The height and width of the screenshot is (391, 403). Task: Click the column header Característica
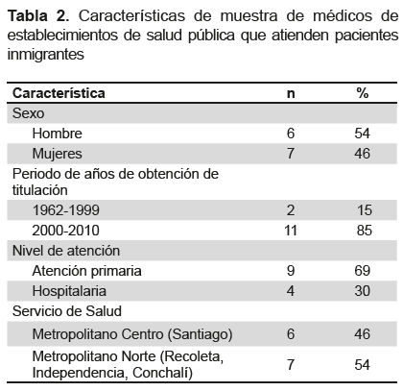coord(59,93)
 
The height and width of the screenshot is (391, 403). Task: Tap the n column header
coord(291,94)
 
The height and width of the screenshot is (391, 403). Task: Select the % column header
coord(363,93)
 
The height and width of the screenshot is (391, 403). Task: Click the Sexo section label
coord(28,113)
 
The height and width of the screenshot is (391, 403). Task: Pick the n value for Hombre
coord(291,134)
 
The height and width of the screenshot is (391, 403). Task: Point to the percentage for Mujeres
coord(362,154)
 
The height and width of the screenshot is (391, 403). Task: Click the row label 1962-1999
coord(66,210)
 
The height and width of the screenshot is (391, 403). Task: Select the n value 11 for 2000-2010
coord(291,231)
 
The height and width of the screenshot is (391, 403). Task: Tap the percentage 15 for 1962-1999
coord(365,210)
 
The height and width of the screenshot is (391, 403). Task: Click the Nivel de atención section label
coord(66,251)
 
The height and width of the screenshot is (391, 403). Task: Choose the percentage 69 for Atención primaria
coord(362,271)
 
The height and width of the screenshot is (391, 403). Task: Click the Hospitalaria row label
coord(69,291)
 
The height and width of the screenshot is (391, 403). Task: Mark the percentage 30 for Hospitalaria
coord(362,291)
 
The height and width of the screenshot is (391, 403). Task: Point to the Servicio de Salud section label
coord(67,311)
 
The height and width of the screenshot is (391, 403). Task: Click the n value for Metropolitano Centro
coord(291,334)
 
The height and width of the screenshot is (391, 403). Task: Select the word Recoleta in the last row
coord(194,356)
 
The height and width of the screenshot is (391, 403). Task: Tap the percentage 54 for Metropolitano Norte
coord(362,365)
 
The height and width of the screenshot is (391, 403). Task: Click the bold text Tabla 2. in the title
coord(38,15)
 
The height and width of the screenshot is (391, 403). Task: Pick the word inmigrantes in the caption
coord(46,54)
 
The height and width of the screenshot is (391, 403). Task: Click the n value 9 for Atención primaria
coord(291,271)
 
